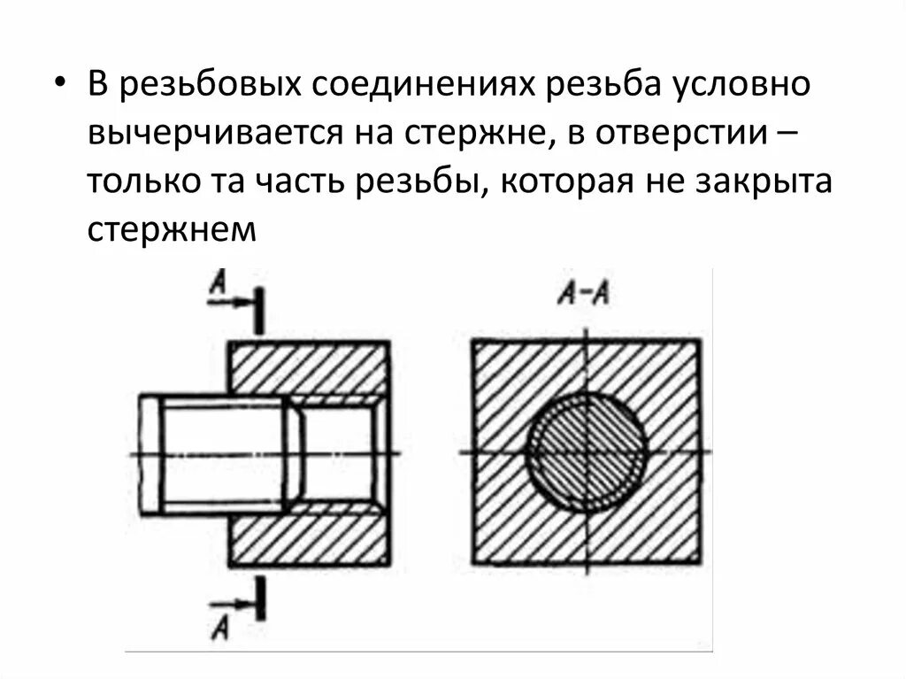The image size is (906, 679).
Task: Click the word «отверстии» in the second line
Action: coord(679,135)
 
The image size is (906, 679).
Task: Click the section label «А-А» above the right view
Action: coord(583,294)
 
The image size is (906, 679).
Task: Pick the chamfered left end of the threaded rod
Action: coord(150,453)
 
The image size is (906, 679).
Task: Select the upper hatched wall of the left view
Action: coord(309,367)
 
